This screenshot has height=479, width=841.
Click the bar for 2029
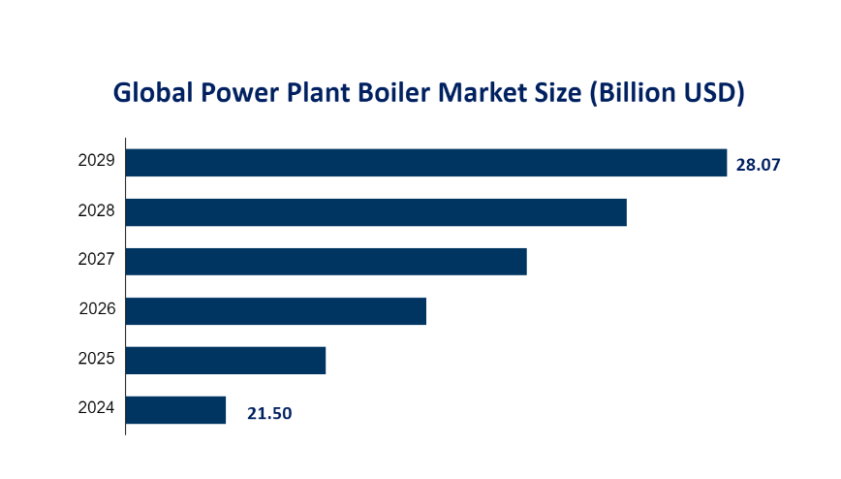pyautogui.click(x=426, y=163)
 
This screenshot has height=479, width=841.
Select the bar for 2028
pyautogui.click(x=376, y=212)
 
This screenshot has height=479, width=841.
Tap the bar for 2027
pyautogui.click(x=326, y=262)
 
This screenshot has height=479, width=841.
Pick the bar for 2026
pyautogui.click(x=276, y=311)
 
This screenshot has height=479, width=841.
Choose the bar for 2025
pyautogui.click(x=226, y=361)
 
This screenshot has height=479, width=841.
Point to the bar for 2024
pyautogui.click(x=175, y=410)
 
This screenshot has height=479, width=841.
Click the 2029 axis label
pyautogui.click(x=97, y=161)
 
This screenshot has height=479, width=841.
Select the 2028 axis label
pyautogui.click(x=97, y=210)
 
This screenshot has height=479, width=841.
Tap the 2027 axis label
pyautogui.click(x=97, y=260)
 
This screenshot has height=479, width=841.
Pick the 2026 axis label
pyautogui.click(x=97, y=310)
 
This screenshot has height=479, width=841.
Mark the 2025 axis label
pyautogui.click(x=97, y=360)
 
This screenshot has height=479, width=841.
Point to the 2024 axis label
pyautogui.click(x=97, y=409)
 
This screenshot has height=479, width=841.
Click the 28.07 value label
pyautogui.click(x=758, y=165)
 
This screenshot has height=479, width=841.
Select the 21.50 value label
pyautogui.click(x=269, y=414)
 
